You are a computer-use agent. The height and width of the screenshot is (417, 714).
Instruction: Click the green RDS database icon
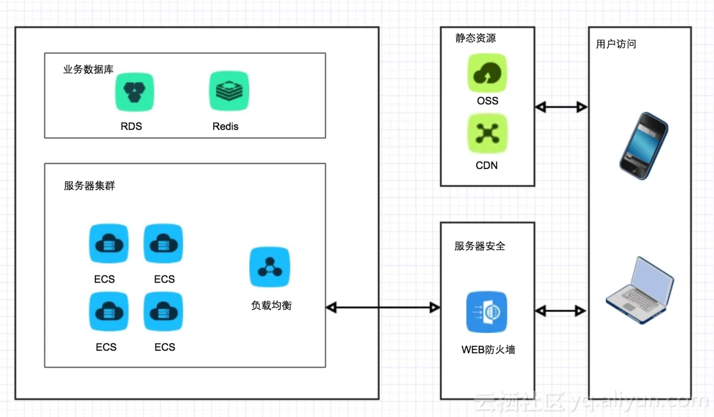[134, 92]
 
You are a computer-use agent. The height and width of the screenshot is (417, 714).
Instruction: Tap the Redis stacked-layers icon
[229, 91]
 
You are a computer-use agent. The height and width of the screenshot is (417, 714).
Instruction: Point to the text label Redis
[225, 126]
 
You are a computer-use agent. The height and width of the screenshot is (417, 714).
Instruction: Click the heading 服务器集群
[89, 186]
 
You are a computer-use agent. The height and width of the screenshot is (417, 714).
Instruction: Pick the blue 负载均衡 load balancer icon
[269, 267]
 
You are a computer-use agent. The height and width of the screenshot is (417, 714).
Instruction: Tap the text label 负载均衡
[271, 305]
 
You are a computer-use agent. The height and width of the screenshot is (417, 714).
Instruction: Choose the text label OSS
[488, 101]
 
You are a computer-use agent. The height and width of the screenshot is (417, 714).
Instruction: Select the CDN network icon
[488, 133]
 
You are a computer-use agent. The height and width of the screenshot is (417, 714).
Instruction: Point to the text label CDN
[487, 165]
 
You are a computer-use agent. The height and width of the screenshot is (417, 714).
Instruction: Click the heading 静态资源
[475, 38]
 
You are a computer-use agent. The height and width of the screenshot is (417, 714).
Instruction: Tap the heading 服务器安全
[480, 246]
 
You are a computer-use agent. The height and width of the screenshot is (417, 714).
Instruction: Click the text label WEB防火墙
[488, 350]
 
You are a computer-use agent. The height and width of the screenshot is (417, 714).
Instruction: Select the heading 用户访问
[616, 44]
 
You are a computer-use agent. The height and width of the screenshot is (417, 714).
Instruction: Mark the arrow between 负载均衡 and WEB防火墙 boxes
[383, 307]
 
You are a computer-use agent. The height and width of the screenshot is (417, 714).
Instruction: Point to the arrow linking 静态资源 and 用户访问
[561, 107]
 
